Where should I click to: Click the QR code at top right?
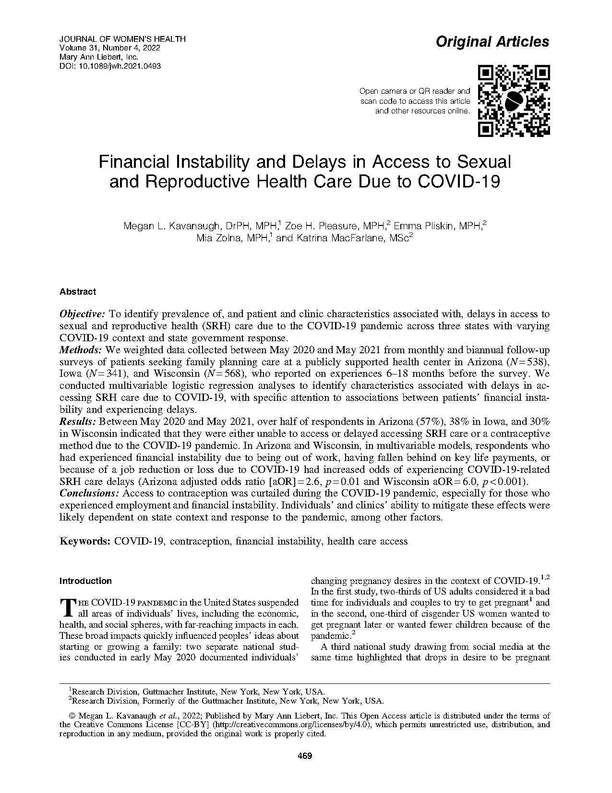[x=514, y=100]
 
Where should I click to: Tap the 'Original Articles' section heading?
[x=492, y=42]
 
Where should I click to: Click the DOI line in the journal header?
[x=110, y=66]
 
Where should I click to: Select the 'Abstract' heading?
[x=78, y=291]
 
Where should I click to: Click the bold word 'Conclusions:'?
[x=89, y=493]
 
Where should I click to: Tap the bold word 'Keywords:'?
[x=85, y=541]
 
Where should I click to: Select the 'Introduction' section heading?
[x=85, y=581]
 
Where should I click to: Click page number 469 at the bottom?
[x=305, y=756]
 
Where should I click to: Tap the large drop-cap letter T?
[x=67, y=607]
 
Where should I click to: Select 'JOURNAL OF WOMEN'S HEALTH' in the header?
[x=122, y=39]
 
